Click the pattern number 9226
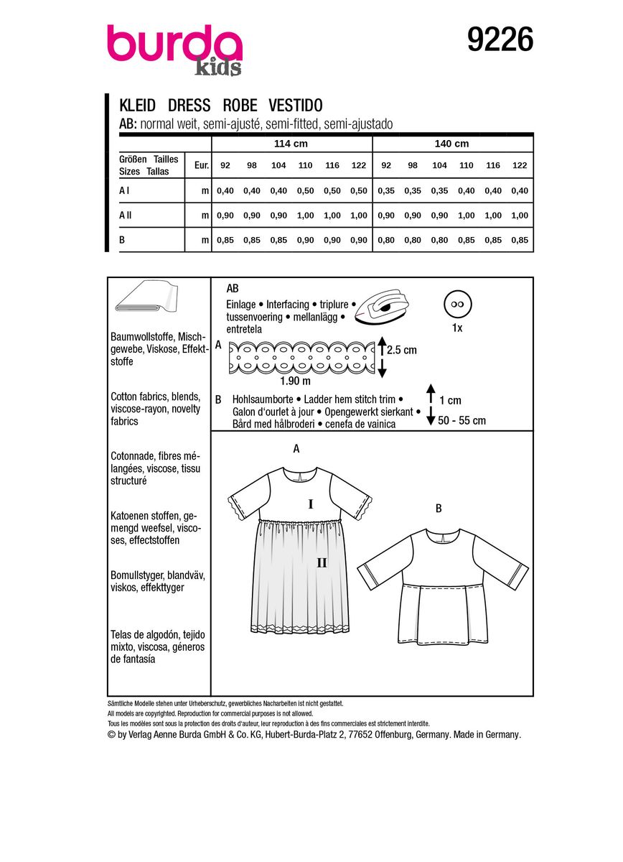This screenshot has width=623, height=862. click(x=500, y=40)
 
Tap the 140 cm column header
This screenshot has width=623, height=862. click(x=451, y=144)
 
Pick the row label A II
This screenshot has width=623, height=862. click(x=126, y=215)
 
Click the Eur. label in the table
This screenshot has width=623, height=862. click(x=201, y=165)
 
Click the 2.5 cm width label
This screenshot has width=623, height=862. click(x=402, y=351)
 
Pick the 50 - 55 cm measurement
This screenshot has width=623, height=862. click(x=462, y=420)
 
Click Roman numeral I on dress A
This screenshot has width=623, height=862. click(x=311, y=505)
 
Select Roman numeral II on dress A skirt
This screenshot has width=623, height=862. click(x=322, y=562)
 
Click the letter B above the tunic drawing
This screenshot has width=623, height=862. click(x=439, y=509)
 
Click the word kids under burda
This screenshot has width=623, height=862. click(x=218, y=68)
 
